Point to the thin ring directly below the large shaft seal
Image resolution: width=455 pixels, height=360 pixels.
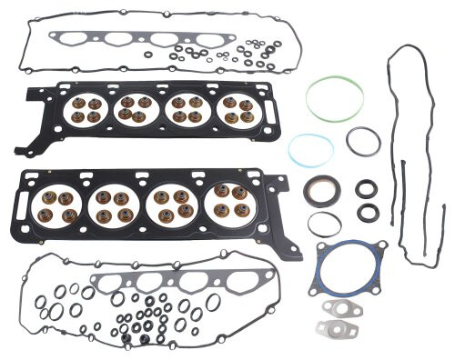[x=323, y=224]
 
